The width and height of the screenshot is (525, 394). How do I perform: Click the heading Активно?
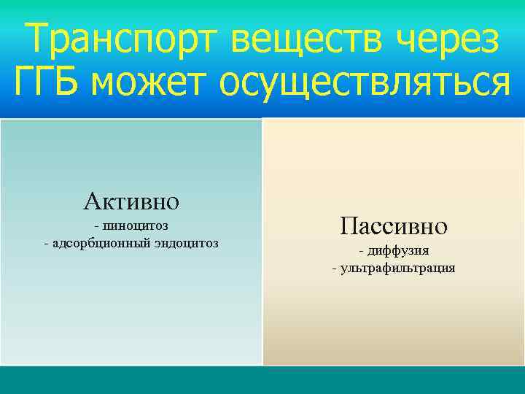click(x=131, y=199)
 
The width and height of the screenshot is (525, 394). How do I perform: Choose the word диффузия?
click(x=397, y=251)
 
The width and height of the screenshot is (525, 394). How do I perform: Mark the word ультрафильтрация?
click(x=397, y=268)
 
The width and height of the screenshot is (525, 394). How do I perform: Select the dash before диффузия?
click(x=361, y=251)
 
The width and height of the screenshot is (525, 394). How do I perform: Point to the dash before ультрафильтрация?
click(x=334, y=268)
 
